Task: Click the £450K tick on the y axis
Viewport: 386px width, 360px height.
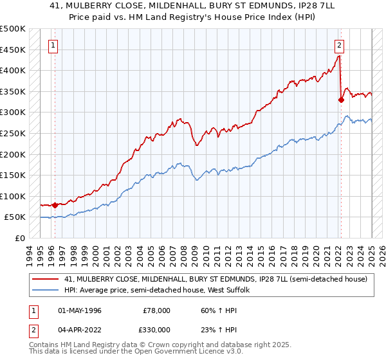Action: pyautogui.click(x=12, y=50)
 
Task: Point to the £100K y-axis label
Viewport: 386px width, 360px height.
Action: pyautogui.click(x=12, y=196)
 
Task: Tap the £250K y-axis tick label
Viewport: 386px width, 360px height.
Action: pyautogui.click(x=12, y=133)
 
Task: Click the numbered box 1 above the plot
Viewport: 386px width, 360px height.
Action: pyautogui.click(x=52, y=45)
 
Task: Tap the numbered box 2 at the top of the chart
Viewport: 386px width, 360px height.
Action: pyautogui.click(x=339, y=45)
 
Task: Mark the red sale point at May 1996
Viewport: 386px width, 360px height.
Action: pyautogui.click(x=55, y=206)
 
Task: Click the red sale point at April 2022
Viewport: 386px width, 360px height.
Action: pyautogui.click(x=341, y=100)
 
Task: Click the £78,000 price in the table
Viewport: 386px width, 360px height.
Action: pyautogui.click(x=157, y=310)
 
